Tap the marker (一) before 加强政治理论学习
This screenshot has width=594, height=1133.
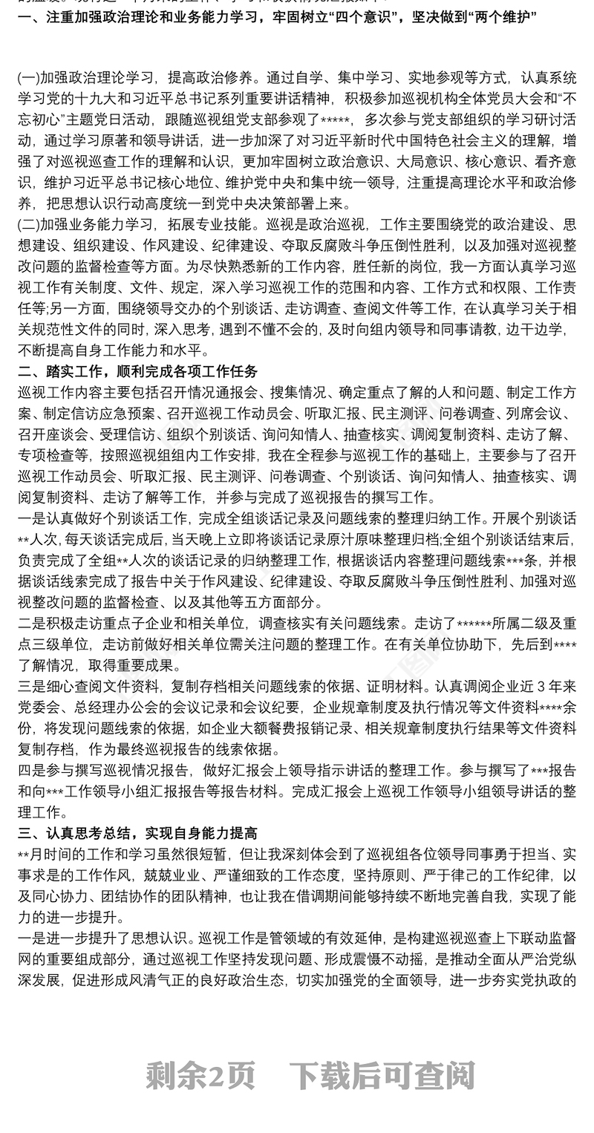pos(28,76)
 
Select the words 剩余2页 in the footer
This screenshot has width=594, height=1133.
pos(200,1075)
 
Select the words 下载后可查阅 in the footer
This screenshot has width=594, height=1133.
pos(382,1075)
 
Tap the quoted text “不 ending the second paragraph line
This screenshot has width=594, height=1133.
pos(569,97)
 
